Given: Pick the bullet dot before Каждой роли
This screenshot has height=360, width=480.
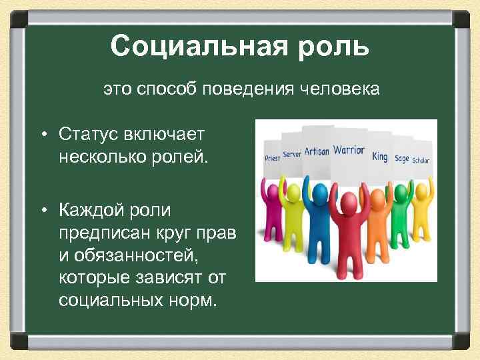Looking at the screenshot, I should point(41,211).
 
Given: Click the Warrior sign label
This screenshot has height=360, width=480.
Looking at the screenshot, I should point(348,150).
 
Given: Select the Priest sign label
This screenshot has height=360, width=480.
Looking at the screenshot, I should point(271,159).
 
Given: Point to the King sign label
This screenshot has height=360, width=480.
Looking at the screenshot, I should point(380,157).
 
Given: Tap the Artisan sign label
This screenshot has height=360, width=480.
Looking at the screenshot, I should point(316,151).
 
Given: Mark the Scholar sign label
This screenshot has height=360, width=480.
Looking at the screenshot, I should point(421,161).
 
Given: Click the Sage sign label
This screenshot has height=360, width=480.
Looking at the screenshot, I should point(401,158).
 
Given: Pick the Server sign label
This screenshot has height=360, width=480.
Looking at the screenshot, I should point(292,154).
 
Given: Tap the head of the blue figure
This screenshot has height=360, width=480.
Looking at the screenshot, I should point(321,193).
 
